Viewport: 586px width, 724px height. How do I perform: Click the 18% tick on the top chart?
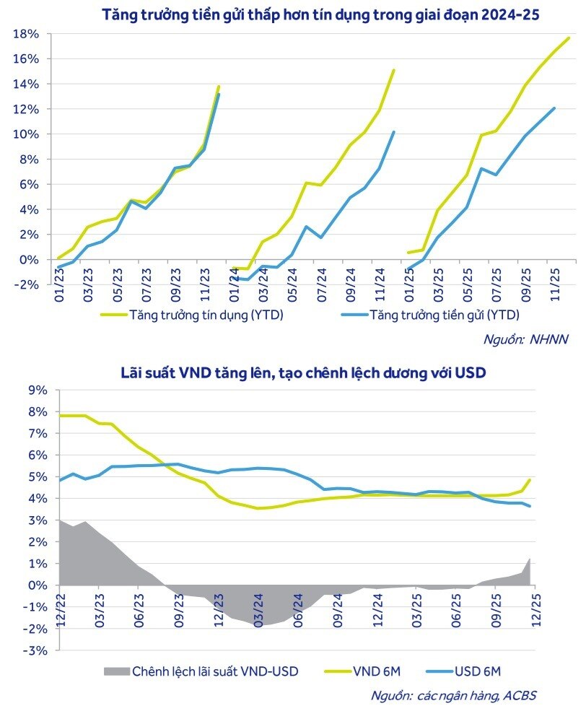pos(28,34)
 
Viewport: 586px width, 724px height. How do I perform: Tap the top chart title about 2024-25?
pos(320,14)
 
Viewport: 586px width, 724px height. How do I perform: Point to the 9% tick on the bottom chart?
pos(37,391)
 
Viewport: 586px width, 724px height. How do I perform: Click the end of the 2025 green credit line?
pos(569,38)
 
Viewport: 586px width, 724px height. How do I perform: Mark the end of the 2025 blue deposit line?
pos(554,108)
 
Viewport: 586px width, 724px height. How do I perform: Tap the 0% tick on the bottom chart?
pos(37,585)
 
